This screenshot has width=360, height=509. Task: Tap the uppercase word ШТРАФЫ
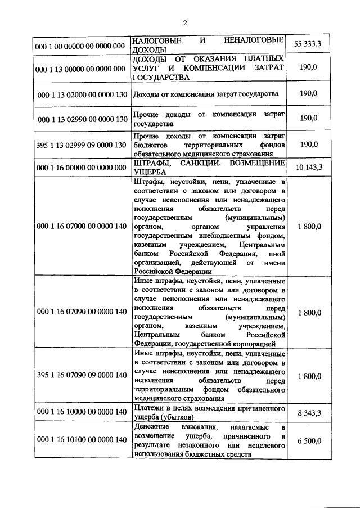click(151, 163)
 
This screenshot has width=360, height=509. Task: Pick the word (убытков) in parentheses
click(177, 417)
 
